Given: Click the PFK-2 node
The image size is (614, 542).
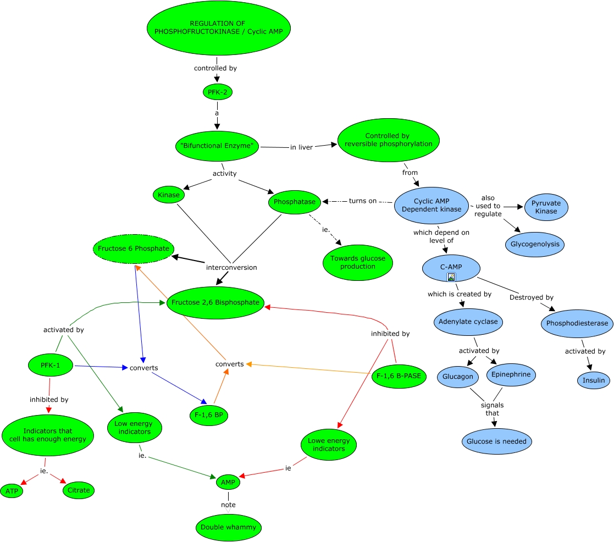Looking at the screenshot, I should tap(217, 92).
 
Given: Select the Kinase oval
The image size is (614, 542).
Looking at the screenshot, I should tap(169, 195).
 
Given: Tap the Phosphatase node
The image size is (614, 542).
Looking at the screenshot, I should tap(295, 202).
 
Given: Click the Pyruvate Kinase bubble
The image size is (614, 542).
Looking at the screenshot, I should tap(546, 207).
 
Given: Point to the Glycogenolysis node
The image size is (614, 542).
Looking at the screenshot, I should tap(534, 244).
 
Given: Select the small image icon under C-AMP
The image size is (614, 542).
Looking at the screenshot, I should tap(451, 277).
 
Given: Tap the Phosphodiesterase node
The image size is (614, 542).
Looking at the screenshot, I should tap(577, 323).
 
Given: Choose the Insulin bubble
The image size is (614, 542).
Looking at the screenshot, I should tap(593, 380).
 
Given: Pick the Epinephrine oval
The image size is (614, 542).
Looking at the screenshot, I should tap(511, 375).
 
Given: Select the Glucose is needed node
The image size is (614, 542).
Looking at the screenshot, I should tap(496, 441).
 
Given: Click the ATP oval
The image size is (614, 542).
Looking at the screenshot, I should tap(12, 491).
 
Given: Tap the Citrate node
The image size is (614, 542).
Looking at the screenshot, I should tap(79, 490).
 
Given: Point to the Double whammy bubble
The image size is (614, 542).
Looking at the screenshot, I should tap(228, 528).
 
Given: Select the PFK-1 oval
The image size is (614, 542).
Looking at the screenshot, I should tap(51, 364).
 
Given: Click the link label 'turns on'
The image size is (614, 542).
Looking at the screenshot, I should tap(362, 201).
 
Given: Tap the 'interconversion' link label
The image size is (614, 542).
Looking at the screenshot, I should tap(231, 268).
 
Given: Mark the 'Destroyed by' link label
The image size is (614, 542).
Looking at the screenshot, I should tap(523, 297).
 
